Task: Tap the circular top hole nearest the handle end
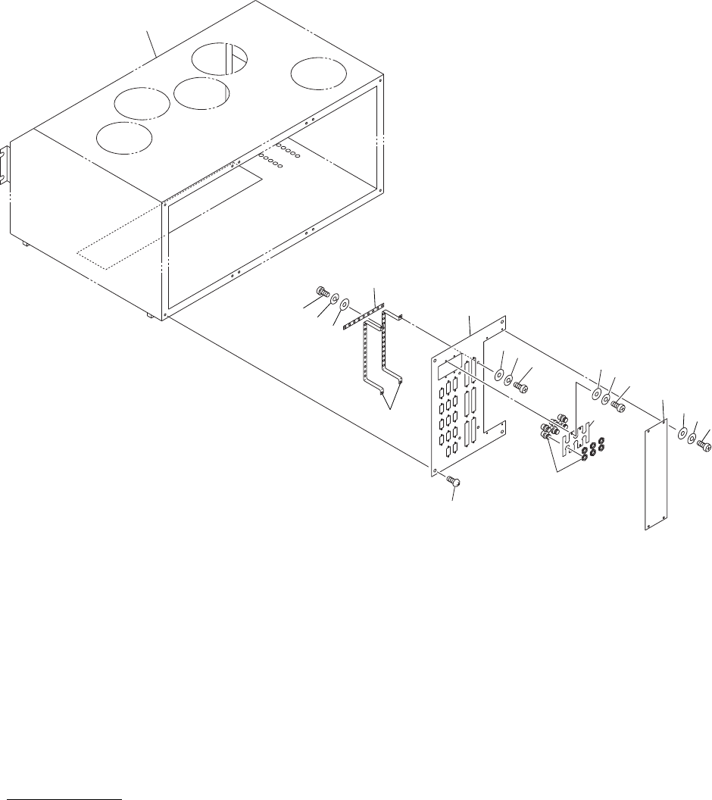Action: click(x=124, y=136)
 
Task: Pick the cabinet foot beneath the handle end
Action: click(x=25, y=243)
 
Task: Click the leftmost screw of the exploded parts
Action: click(x=320, y=291)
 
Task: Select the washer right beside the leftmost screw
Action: click(x=333, y=298)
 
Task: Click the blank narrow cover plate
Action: click(x=655, y=477)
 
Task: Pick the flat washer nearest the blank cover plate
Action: click(x=682, y=434)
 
